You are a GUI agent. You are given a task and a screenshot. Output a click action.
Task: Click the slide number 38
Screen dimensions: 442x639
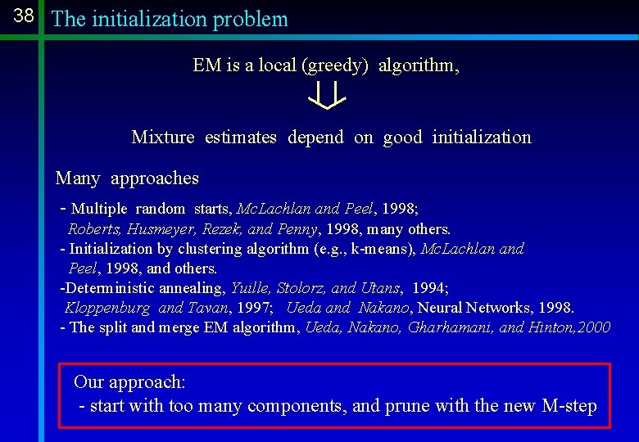(x=24, y=16)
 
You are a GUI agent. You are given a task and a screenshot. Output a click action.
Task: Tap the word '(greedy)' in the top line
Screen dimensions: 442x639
(x=336, y=65)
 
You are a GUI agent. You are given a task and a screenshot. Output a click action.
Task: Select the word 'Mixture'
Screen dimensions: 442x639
(x=163, y=138)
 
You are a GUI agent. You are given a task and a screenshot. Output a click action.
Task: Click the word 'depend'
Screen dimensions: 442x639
(x=315, y=138)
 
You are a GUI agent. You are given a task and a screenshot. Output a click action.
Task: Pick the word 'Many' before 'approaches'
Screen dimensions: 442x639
(x=77, y=178)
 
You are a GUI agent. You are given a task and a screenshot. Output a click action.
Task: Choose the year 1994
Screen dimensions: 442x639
(x=429, y=288)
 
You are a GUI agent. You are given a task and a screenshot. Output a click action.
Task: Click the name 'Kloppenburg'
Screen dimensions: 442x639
(x=107, y=308)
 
